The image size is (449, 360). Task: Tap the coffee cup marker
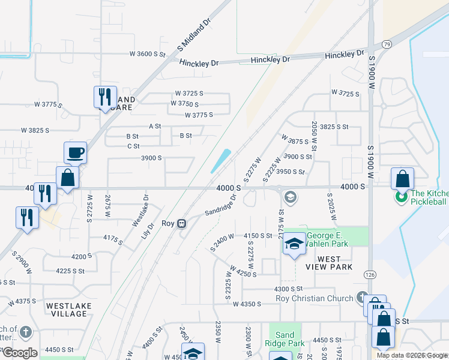pos(75,152)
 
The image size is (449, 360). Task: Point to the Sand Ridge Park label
pos(285,340)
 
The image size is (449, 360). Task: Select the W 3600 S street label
pos(147,54)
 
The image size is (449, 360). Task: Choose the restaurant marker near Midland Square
pos(104,97)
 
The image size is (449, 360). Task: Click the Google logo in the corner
pos(20,353)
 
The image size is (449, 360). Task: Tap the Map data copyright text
pos(412,355)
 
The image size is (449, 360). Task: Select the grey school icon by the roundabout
pos(290,197)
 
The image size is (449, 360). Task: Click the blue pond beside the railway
pos(220,160)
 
